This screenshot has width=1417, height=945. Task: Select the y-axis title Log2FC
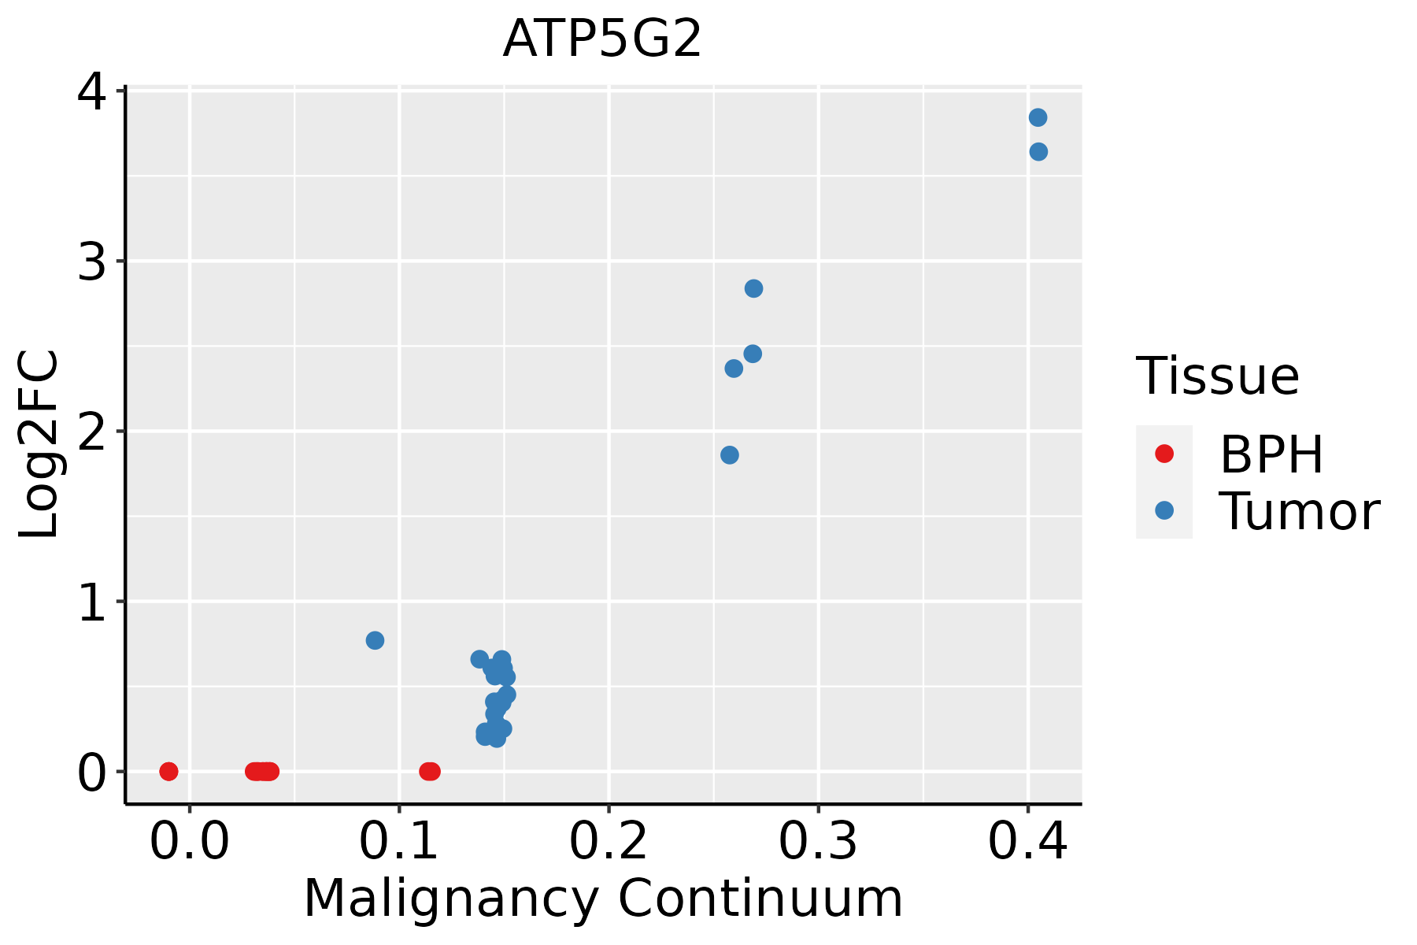click(39, 445)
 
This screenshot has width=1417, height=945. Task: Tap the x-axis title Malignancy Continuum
click(603, 899)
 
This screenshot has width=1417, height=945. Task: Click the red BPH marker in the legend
click(1164, 454)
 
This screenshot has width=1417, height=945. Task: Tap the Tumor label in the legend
click(1300, 512)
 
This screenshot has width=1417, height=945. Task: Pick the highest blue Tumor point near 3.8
click(1038, 117)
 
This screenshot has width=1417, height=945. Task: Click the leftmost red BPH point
click(168, 771)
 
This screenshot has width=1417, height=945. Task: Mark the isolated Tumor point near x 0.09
click(375, 640)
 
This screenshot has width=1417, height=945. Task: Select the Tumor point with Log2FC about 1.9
click(730, 455)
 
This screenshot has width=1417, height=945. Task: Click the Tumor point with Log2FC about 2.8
click(753, 288)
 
